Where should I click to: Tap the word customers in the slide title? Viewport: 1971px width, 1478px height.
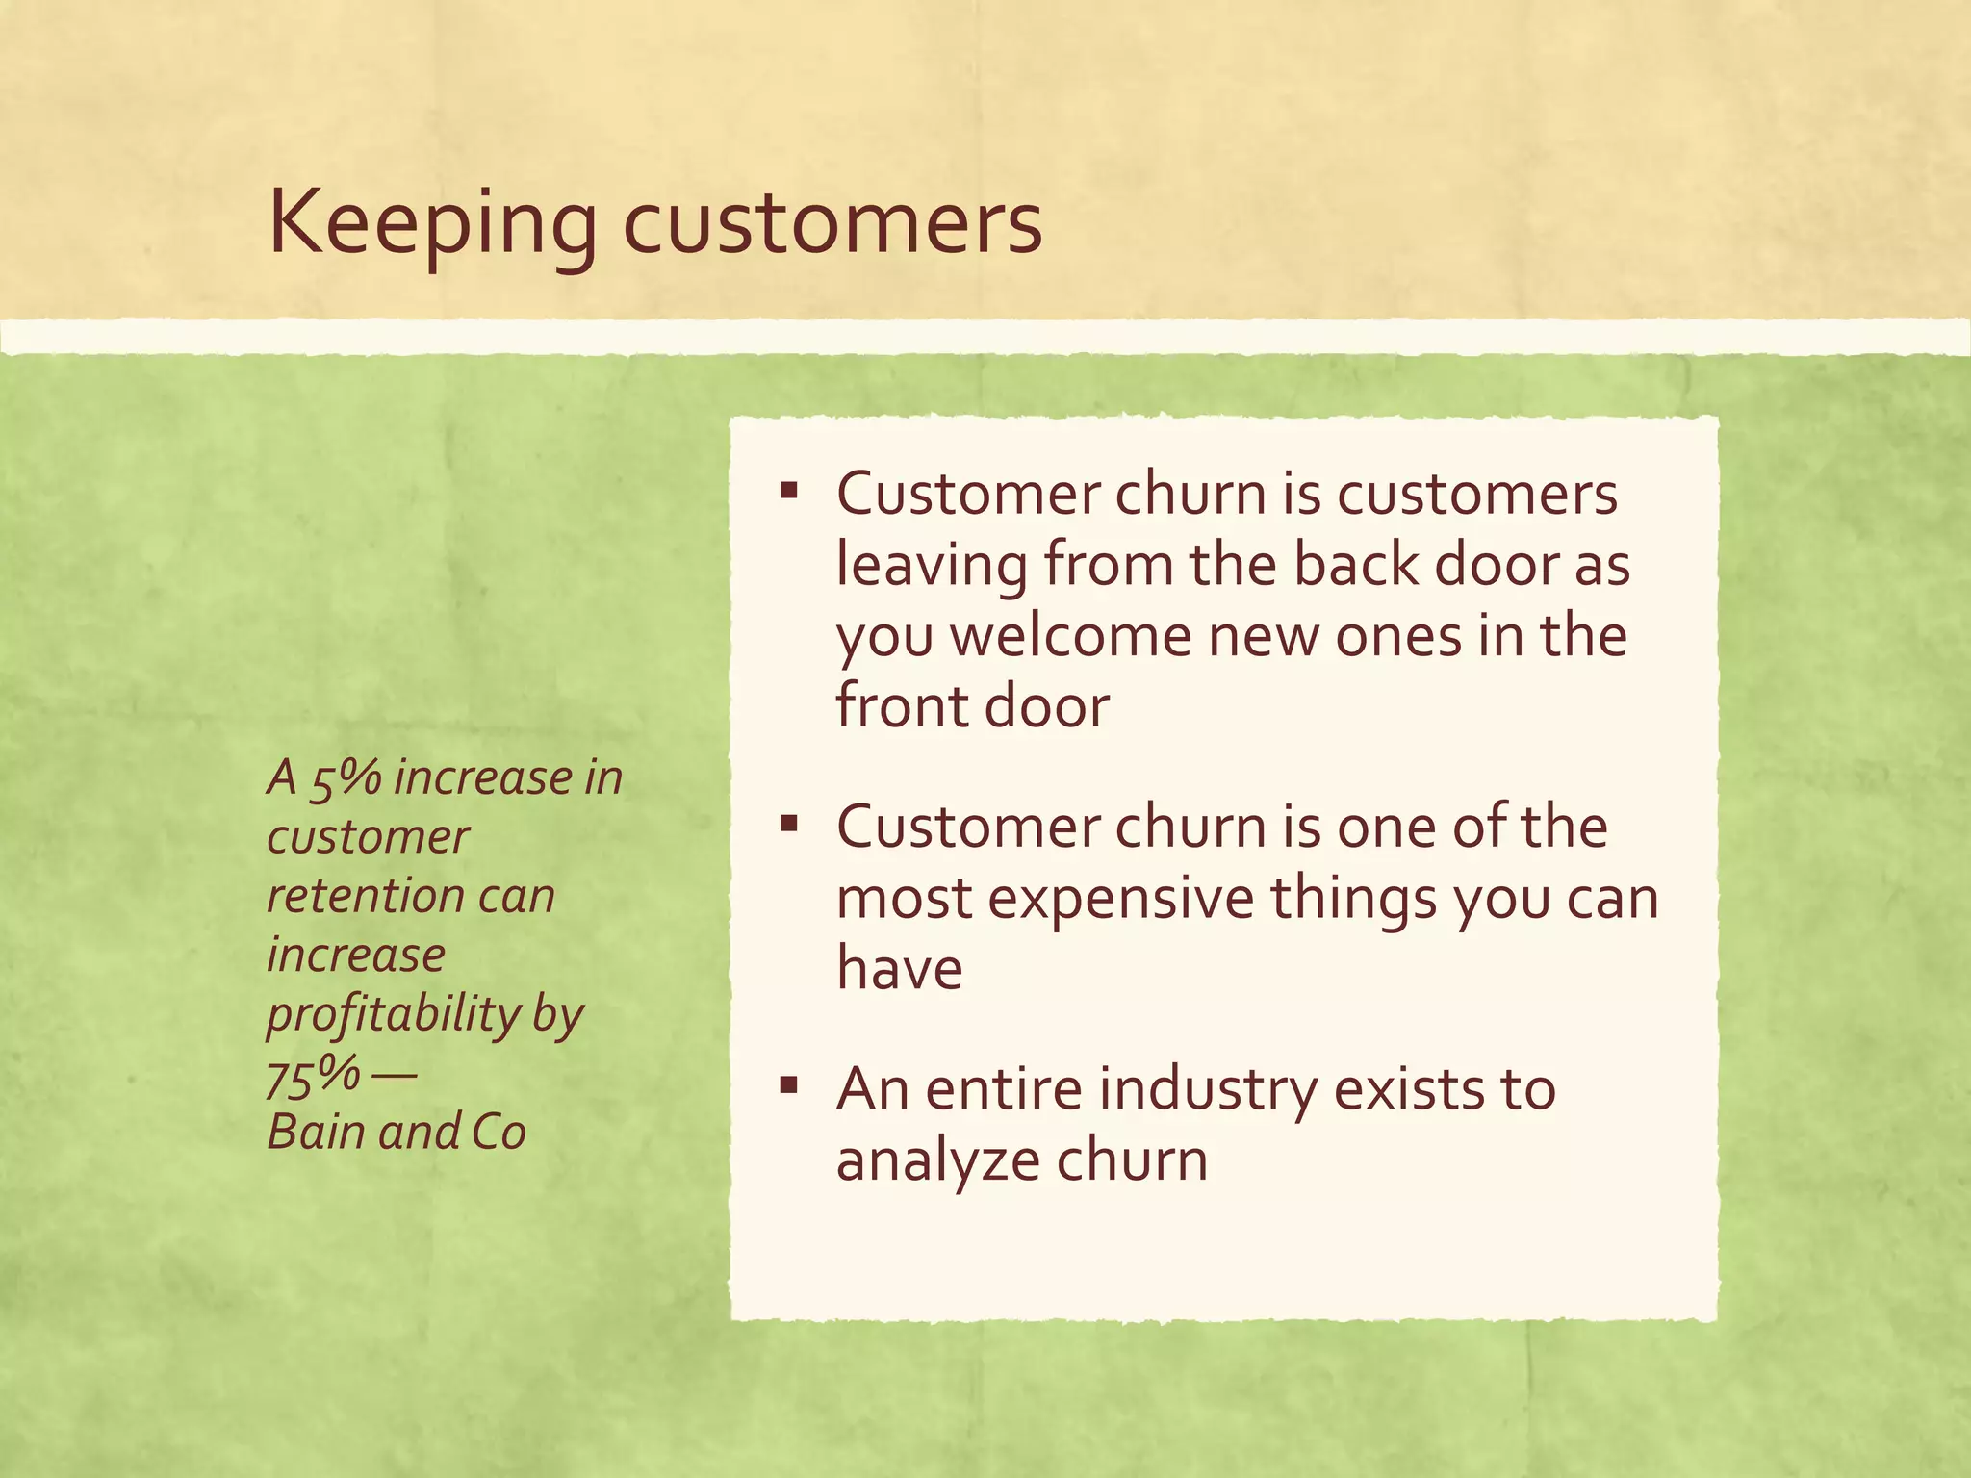pos(832,224)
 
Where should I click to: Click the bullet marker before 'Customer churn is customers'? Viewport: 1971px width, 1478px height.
pos(789,492)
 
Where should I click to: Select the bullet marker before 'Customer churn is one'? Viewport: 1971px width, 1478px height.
pos(789,824)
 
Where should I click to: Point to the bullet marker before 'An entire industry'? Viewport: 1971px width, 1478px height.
pos(789,1086)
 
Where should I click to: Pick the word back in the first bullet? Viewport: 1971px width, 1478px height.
pos(1355,565)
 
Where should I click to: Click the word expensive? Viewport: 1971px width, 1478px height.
pos(1120,899)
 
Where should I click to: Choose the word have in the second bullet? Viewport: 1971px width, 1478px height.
pos(899,968)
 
